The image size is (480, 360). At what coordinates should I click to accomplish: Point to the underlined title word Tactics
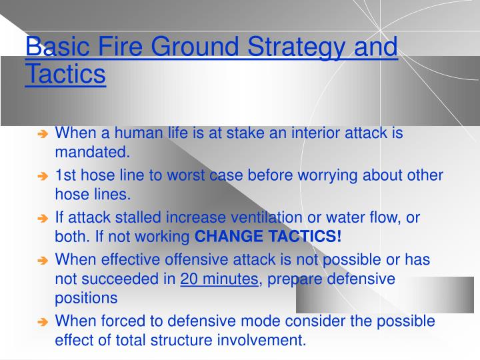65,74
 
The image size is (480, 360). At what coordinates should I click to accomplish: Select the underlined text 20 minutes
219,279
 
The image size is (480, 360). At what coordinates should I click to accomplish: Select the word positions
86,298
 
